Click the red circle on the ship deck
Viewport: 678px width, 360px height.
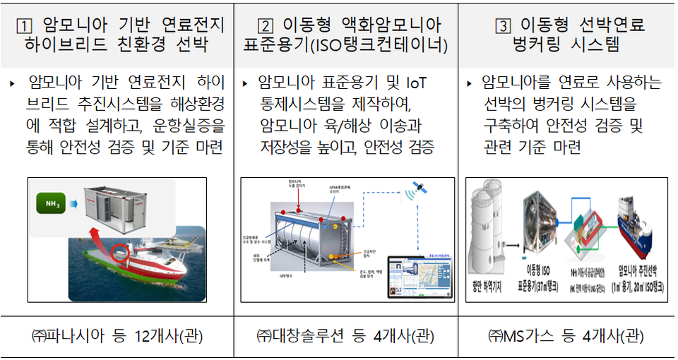pos(121,251)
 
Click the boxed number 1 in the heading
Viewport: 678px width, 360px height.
pos(26,26)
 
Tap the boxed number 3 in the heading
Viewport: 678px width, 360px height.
pos(502,26)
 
